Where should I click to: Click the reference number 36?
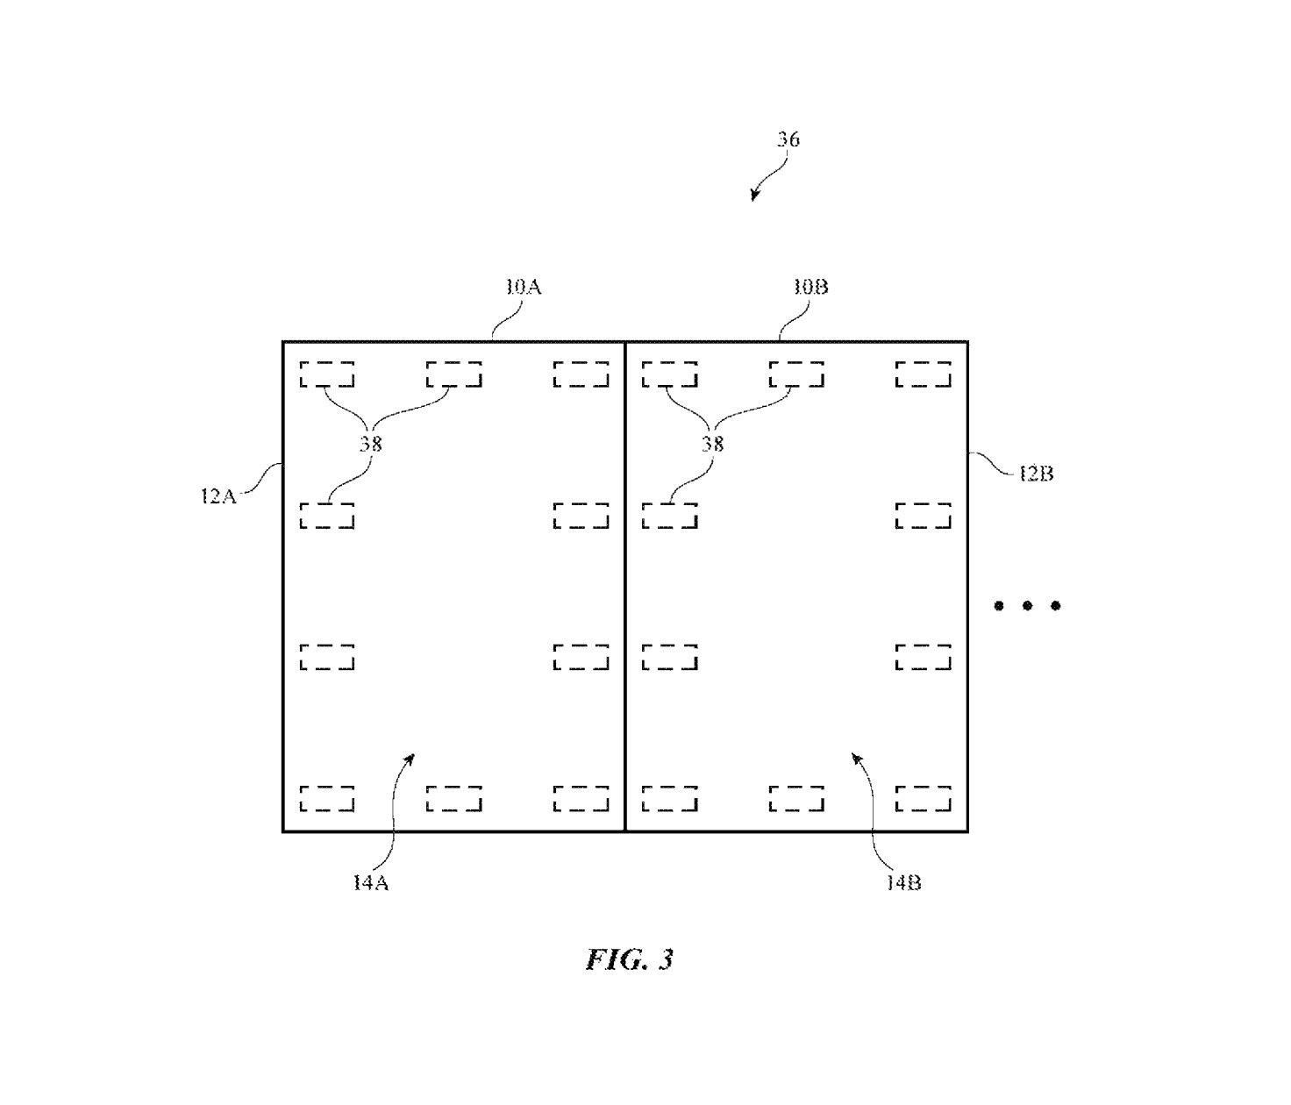click(788, 139)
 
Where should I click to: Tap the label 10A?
click(523, 288)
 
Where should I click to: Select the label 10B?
click(810, 288)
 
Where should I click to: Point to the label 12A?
click(218, 496)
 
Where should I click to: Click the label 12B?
click(1036, 474)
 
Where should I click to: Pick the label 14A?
click(370, 883)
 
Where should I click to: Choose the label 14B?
click(902, 883)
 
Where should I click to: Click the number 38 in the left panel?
click(370, 444)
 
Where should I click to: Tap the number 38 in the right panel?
click(712, 444)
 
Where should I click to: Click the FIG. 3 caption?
click(629, 959)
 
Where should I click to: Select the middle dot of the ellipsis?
click(1027, 605)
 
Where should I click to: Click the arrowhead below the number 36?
click(753, 196)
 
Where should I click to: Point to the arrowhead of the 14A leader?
click(410, 757)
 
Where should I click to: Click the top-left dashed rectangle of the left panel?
click(327, 374)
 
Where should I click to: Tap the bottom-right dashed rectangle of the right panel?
click(924, 798)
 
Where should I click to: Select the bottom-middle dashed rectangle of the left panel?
click(454, 798)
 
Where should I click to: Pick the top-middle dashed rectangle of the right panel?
click(796, 374)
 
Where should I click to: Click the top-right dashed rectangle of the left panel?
click(581, 374)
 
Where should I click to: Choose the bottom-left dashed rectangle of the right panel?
click(670, 798)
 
